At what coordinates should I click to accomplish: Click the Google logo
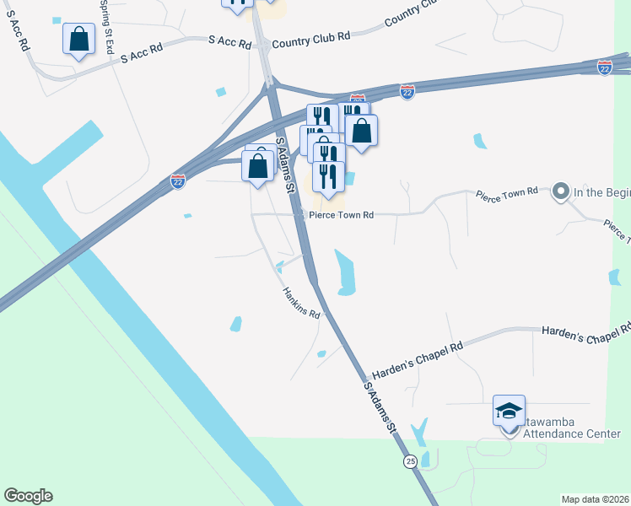coord(28,496)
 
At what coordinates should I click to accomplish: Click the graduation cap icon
coord(510,411)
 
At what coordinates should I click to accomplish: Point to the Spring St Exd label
coord(107,25)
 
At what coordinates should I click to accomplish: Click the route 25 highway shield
coord(410,460)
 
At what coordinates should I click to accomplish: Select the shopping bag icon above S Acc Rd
coord(78,39)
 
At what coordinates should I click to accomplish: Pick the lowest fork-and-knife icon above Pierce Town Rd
coord(327,175)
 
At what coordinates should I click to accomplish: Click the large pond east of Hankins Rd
coord(345,272)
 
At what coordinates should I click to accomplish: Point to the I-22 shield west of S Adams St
coord(177,181)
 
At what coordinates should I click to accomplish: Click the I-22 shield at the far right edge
coord(605,67)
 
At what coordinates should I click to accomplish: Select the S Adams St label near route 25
coord(380,408)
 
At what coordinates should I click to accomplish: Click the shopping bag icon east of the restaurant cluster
coord(361,131)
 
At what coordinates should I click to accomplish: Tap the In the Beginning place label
coord(602,192)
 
